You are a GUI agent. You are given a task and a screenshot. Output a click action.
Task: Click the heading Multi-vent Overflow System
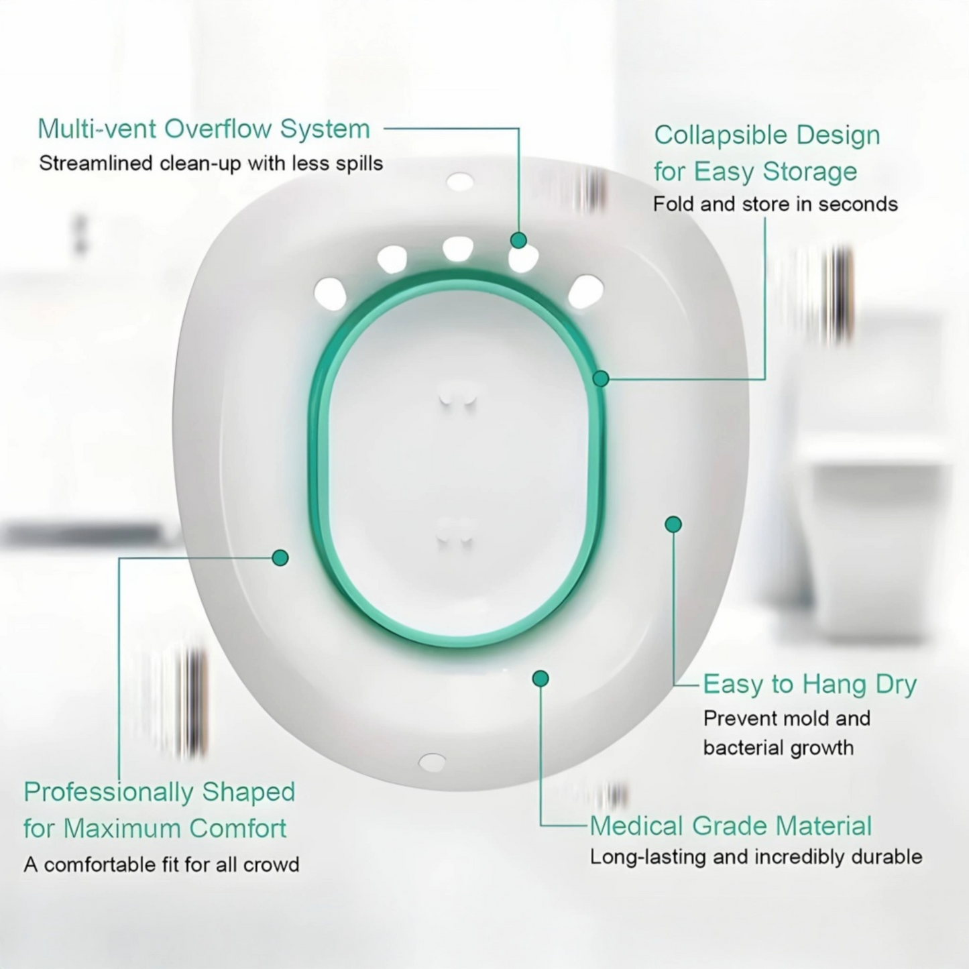point(203,129)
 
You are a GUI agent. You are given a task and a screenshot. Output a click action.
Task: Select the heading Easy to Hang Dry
point(809,685)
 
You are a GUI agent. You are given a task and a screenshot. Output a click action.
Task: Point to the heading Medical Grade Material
point(730,825)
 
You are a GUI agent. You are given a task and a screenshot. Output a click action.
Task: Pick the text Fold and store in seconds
point(775,204)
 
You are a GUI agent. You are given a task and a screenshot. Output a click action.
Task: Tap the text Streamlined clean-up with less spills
point(211,164)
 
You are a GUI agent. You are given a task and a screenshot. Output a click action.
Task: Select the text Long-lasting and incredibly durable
point(756,857)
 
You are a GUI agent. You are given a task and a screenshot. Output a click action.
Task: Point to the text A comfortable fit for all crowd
point(161,864)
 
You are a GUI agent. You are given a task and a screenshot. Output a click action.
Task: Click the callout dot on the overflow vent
point(518,240)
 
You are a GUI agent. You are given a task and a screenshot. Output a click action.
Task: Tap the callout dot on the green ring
point(601,379)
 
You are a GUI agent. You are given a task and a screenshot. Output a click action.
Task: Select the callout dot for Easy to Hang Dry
point(673,524)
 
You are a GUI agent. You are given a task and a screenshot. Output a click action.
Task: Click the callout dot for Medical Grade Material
point(540,679)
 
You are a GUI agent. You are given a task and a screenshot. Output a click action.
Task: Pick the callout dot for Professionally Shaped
point(280,557)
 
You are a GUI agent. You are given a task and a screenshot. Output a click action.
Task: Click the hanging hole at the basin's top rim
point(460,181)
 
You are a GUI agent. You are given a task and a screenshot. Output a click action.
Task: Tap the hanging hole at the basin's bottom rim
point(432,762)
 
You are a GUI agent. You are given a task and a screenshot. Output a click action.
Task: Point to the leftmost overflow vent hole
point(330,294)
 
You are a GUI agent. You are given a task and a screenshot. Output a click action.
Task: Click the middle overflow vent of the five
point(458,249)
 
